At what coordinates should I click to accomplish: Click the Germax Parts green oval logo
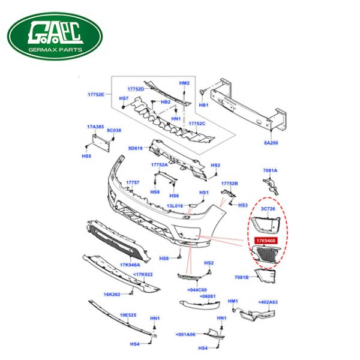(x=55, y=35)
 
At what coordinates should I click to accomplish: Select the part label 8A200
(x=272, y=143)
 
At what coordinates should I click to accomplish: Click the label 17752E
(x=96, y=95)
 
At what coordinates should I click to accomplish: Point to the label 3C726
(x=268, y=208)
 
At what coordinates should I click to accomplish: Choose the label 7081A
(x=271, y=171)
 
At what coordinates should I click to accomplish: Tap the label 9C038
(x=114, y=130)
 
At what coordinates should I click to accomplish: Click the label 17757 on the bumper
(x=133, y=182)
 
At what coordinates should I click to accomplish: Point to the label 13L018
(x=175, y=206)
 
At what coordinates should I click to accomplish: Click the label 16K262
(x=112, y=295)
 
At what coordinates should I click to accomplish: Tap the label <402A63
(x=268, y=302)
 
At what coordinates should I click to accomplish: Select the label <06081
(x=207, y=297)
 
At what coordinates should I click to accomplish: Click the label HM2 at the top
(x=184, y=83)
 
